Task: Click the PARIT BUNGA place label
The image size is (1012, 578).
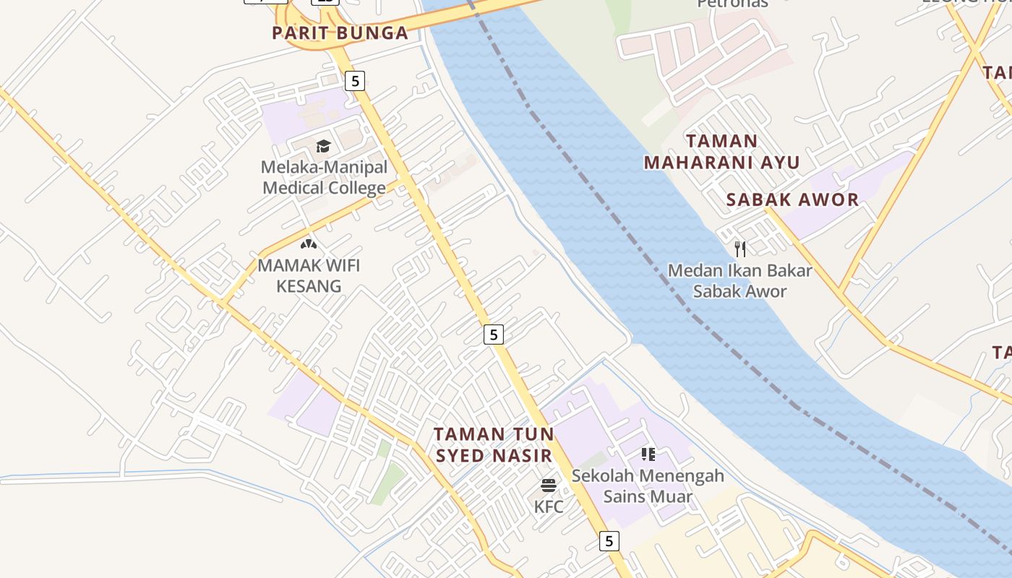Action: pos(340,33)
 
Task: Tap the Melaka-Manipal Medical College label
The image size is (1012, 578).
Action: pos(324,178)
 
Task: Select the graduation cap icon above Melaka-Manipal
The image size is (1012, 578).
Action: pos(323,147)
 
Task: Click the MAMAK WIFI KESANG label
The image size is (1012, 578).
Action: pos(309,275)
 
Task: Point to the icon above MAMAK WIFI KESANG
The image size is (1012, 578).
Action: pos(309,244)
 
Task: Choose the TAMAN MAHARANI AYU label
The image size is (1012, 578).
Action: pos(721,152)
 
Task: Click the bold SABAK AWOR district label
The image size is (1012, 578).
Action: pos(792,200)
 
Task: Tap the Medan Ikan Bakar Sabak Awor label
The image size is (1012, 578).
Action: pos(739,281)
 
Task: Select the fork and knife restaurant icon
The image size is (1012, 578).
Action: pos(739,249)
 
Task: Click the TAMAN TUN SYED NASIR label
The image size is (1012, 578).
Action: pos(494,445)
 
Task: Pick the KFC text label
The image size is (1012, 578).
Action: pos(549,507)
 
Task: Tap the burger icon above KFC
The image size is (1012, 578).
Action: pos(549,485)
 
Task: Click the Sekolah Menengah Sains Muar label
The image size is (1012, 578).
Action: pos(648,486)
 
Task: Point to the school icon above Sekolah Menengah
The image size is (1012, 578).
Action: pos(648,454)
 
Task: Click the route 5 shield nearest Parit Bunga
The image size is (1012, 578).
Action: pos(354,81)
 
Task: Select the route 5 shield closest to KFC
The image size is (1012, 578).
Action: pos(609,540)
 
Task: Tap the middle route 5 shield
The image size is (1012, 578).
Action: pos(493,335)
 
